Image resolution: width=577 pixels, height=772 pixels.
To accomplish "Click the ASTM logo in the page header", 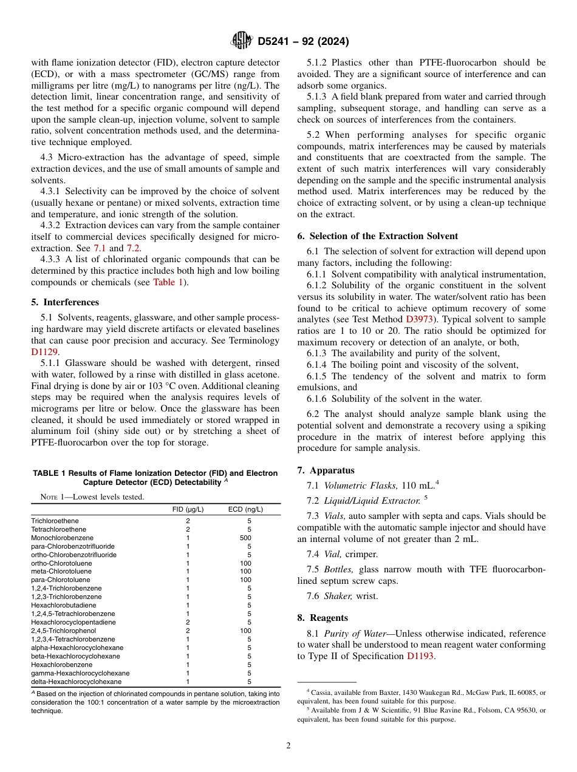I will click(242, 41).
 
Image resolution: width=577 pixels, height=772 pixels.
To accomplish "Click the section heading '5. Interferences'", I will click(65, 302).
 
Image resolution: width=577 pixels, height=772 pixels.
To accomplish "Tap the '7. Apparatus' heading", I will click(326, 470).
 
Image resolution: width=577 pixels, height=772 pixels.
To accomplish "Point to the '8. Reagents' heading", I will click(323, 618).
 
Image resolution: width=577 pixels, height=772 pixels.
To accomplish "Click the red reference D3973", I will click(420, 319).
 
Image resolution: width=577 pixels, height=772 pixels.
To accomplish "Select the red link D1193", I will click(420, 656).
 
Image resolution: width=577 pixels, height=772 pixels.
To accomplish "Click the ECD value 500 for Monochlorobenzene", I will click(245, 538).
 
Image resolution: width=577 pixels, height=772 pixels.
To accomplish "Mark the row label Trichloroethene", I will click(55, 521).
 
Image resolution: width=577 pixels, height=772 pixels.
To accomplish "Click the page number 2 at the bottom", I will click(288, 746).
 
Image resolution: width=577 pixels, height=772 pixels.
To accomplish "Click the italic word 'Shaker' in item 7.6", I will click(338, 596).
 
